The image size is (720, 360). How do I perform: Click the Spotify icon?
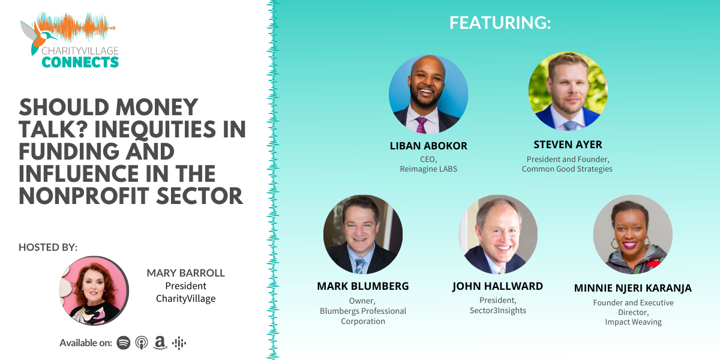point(124,343)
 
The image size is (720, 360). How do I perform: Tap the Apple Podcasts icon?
point(142,343)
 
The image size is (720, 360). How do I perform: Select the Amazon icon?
point(160,343)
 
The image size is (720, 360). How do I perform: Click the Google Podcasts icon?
point(179,343)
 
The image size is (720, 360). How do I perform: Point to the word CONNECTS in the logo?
point(80,61)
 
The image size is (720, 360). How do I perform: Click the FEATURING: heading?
point(500,23)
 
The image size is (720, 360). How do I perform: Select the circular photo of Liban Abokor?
point(428,94)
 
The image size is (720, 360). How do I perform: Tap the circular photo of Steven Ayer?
point(568,91)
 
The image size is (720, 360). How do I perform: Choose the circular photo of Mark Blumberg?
point(363,235)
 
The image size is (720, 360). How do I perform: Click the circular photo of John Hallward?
point(497,235)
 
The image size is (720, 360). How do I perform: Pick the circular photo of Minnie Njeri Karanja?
point(632,235)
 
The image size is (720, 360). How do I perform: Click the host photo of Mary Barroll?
point(94,291)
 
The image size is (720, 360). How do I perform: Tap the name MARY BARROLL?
point(185,274)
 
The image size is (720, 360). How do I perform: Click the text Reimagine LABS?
point(428,169)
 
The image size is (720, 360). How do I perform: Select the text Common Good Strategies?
point(567,169)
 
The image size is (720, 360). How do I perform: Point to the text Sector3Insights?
point(497,310)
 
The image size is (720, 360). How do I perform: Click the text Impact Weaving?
point(633,322)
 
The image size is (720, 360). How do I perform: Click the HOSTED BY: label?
point(48,247)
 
